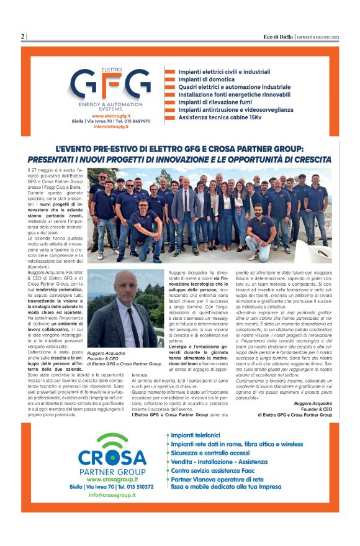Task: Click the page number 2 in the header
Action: pos(23,37)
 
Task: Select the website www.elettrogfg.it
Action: pos(110,116)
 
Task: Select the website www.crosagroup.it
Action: pos(111,480)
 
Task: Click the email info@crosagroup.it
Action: pos(111,495)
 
